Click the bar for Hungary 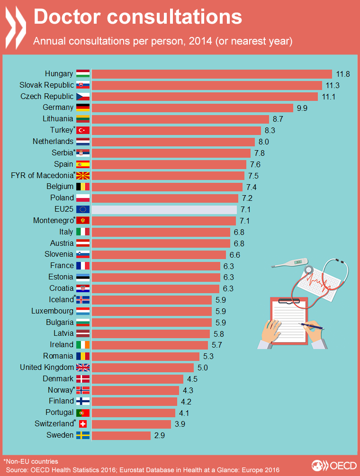tap(212, 73)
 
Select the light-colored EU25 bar tap(164, 209)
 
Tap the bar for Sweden tap(121, 435)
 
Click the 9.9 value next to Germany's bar tap(302, 108)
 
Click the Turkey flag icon tap(83, 130)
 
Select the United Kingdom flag tap(83, 367)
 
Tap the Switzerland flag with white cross tap(83, 423)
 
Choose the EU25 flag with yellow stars tap(83, 209)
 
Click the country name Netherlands tap(53, 141)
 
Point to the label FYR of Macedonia tap(42, 175)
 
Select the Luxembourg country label tap(52, 311)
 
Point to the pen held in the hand tap(313, 325)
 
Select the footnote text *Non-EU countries tap(30, 461)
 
